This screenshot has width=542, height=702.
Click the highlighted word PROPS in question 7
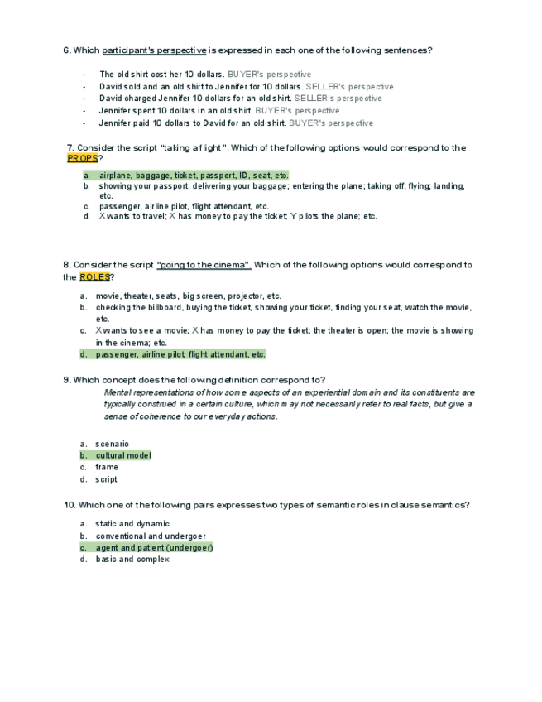(x=83, y=158)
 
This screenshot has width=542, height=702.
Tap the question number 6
(x=67, y=50)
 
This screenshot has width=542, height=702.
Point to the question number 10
(x=69, y=505)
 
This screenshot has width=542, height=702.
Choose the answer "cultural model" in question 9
(x=122, y=455)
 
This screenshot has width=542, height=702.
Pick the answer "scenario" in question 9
(x=112, y=444)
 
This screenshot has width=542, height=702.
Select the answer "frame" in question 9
(x=106, y=467)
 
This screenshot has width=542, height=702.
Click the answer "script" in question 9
(x=106, y=479)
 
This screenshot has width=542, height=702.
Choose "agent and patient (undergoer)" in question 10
(x=154, y=547)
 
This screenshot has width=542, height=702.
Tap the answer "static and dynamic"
(x=132, y=523)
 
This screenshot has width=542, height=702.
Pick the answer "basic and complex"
(x=132, y=560)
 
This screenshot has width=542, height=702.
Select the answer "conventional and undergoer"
(x=151, y=536)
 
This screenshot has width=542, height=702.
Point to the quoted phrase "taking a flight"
(x=192, y=148)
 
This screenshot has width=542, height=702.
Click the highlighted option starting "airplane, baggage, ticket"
(x=194, y=175)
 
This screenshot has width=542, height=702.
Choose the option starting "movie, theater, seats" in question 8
(x=188, y=296)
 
